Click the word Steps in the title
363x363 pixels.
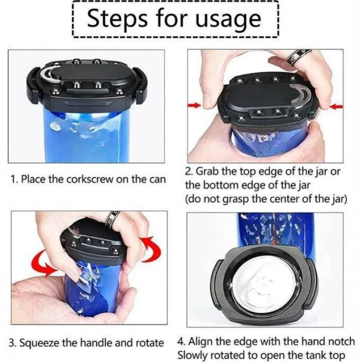point(117,19)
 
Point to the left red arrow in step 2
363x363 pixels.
point(194,105)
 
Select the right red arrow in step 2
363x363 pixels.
point(336,107)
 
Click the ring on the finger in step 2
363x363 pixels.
point(298,56)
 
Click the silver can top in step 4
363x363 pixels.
point(263,284)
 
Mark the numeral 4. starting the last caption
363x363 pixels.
point(181,342)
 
